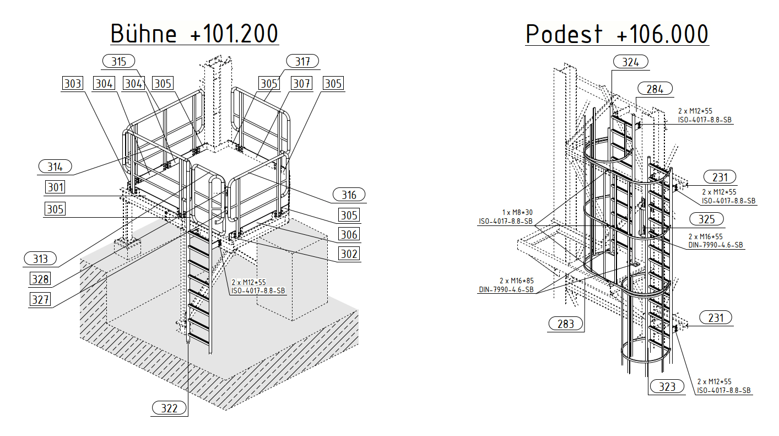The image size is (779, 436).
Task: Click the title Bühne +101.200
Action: (194, 34)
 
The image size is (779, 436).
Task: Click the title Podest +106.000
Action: (617, 34)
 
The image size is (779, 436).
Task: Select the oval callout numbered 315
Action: (118, 61)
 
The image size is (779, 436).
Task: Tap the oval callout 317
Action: (302, 61)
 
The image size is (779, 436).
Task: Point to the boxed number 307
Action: (301, 84)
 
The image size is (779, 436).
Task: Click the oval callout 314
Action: (55, 166)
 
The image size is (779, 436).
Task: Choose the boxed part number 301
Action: (55, 187)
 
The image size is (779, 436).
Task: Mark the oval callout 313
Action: (40, 259)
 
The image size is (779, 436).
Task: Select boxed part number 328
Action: (40, 279)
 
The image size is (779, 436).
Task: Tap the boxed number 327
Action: (40, 299)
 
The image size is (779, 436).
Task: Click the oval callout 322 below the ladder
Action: (169, 408)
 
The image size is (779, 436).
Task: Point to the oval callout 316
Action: (349, 195)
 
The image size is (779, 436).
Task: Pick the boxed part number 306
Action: (349, 234)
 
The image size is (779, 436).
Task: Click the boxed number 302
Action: (349, 254)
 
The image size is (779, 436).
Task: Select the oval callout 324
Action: (630, 62)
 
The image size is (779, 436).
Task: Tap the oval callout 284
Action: (655, 89)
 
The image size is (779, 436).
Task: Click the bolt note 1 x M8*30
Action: (517, 212)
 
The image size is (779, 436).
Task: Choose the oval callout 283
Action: (565, 324)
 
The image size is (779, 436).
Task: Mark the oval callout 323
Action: (667, 386)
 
